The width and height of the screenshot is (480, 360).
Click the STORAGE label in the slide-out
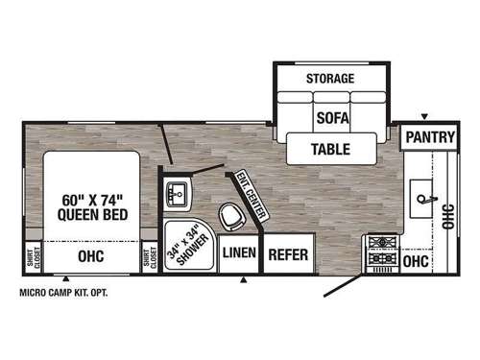[x=330, y=78]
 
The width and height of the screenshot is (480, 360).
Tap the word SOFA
[x=330, y=118]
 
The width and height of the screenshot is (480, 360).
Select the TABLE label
[x=330, y=149]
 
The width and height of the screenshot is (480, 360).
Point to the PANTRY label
[x=429, y=137]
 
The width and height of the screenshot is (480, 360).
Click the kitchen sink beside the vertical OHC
[x=423, y=199]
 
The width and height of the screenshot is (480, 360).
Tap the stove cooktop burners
[x=381, y=252]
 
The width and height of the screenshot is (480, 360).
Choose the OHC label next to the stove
[x=416, y=260]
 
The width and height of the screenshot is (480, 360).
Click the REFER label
[x=287, y=254]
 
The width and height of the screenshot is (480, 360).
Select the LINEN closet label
[x=237, y=253]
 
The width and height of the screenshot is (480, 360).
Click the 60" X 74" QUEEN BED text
[x=89, y=207]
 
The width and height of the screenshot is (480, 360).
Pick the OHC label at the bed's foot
[x=89, y=256]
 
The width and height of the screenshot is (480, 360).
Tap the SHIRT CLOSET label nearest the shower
[x=149, y=257]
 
